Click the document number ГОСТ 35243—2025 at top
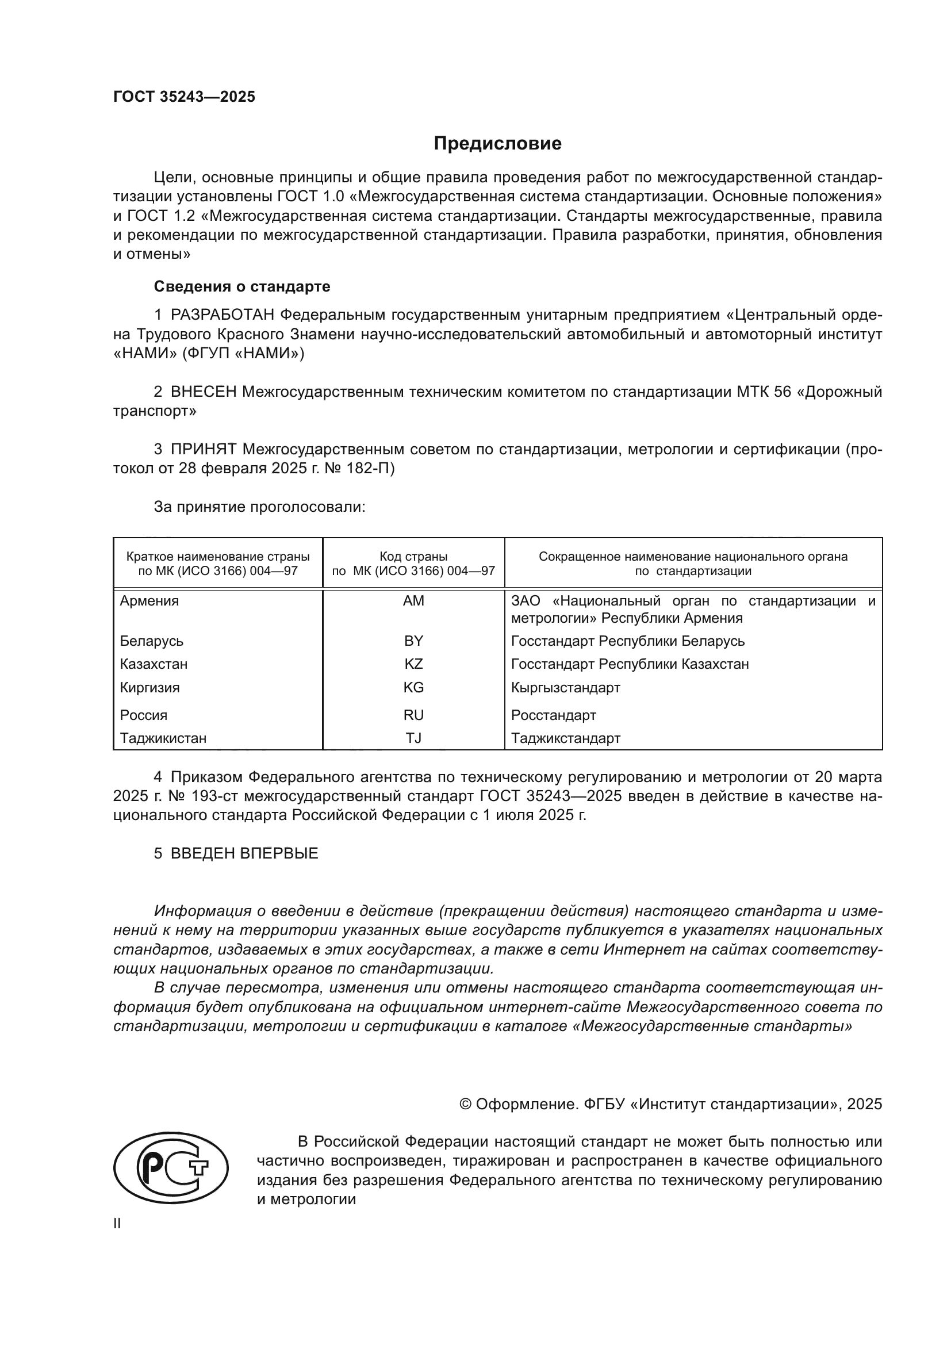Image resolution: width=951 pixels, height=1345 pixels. pyautogui.click(x=184, y=97)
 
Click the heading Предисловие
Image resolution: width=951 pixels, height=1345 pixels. pyautogui.click(x=497, y=144)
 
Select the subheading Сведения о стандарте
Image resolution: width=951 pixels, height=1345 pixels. pyautogui.click(x=242, y=286)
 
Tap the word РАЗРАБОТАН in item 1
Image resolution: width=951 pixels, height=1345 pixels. pyautogui.click(x=222, y=315)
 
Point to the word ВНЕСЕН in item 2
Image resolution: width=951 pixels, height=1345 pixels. pyautogui.click(x=203, y=392)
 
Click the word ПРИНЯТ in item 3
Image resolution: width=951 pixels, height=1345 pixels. pyautogui.click(x=203, y=449)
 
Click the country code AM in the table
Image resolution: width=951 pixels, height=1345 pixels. pyautogui.click(x=413, y=601)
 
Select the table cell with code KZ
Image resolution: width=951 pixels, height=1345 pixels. pyautogui.click(x=413, y=664)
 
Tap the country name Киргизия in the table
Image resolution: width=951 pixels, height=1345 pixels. pyautogui.click(x=150, y=688)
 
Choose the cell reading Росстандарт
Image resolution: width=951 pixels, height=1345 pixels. pyautogui.click(x=553, y=715)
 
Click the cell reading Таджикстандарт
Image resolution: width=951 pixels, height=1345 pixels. pyautogui.click(x=565, y=739)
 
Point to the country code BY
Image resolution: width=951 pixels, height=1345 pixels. pyautogui.click(x=413, y=641)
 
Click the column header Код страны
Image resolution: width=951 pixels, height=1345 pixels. pyautogui.click(x=413, y=557)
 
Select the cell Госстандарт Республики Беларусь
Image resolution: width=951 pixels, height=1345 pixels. pyautogui.click(x=628, y=641)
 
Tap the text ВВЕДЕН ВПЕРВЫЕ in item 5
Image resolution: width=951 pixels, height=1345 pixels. pyautogui.click(x=244, y=853)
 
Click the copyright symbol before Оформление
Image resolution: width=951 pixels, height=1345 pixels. pyautogui.click(x=466, y=1104)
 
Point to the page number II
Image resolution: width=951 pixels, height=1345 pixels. pyautogui.click(x=117, y=1224)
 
